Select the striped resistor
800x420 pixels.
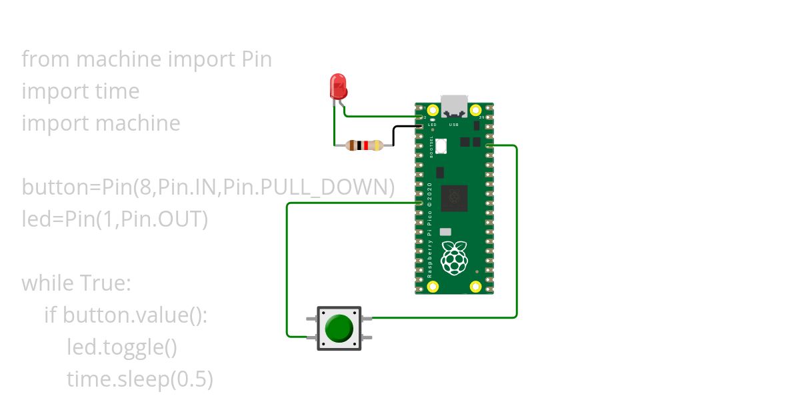pos(365,145)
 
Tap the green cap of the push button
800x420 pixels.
pos(339,328)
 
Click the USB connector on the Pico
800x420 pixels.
pos(454,106)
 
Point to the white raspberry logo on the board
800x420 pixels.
pos(454,258)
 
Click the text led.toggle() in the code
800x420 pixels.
pos(122,347)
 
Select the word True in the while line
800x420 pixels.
pos(105,283)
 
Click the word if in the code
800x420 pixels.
pos(51,315)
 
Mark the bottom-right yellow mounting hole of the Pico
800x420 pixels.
pos(475,287)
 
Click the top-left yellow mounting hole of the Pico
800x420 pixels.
pos(433,109)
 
